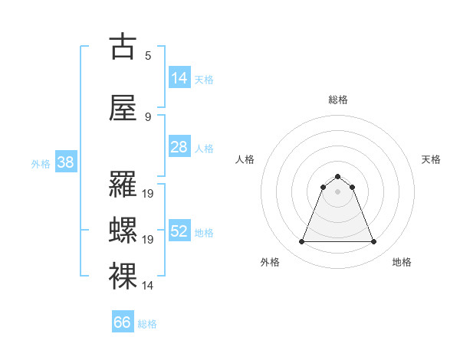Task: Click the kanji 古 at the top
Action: tap(123, 47)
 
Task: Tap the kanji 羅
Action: tap(123, 185)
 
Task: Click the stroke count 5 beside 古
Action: tap(148, 55)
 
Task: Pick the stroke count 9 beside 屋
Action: tap(148, 116)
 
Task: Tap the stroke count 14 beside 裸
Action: tap(148, 286)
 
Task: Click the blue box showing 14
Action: tap(179, 78)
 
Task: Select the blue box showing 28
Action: tap(179, 147)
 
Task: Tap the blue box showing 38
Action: tap(65, 162)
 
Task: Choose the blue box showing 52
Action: tap(179, 231)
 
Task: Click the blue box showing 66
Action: tap(123, 322)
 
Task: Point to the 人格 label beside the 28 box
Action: tap(204, 148)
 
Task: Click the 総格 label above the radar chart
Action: tap(337, 100)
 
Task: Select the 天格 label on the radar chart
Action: tap(432, 159)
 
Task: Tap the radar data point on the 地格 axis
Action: tap(374, 242)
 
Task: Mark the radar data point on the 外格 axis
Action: tap(301, 242)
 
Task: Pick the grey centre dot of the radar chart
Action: tap(337, 191)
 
